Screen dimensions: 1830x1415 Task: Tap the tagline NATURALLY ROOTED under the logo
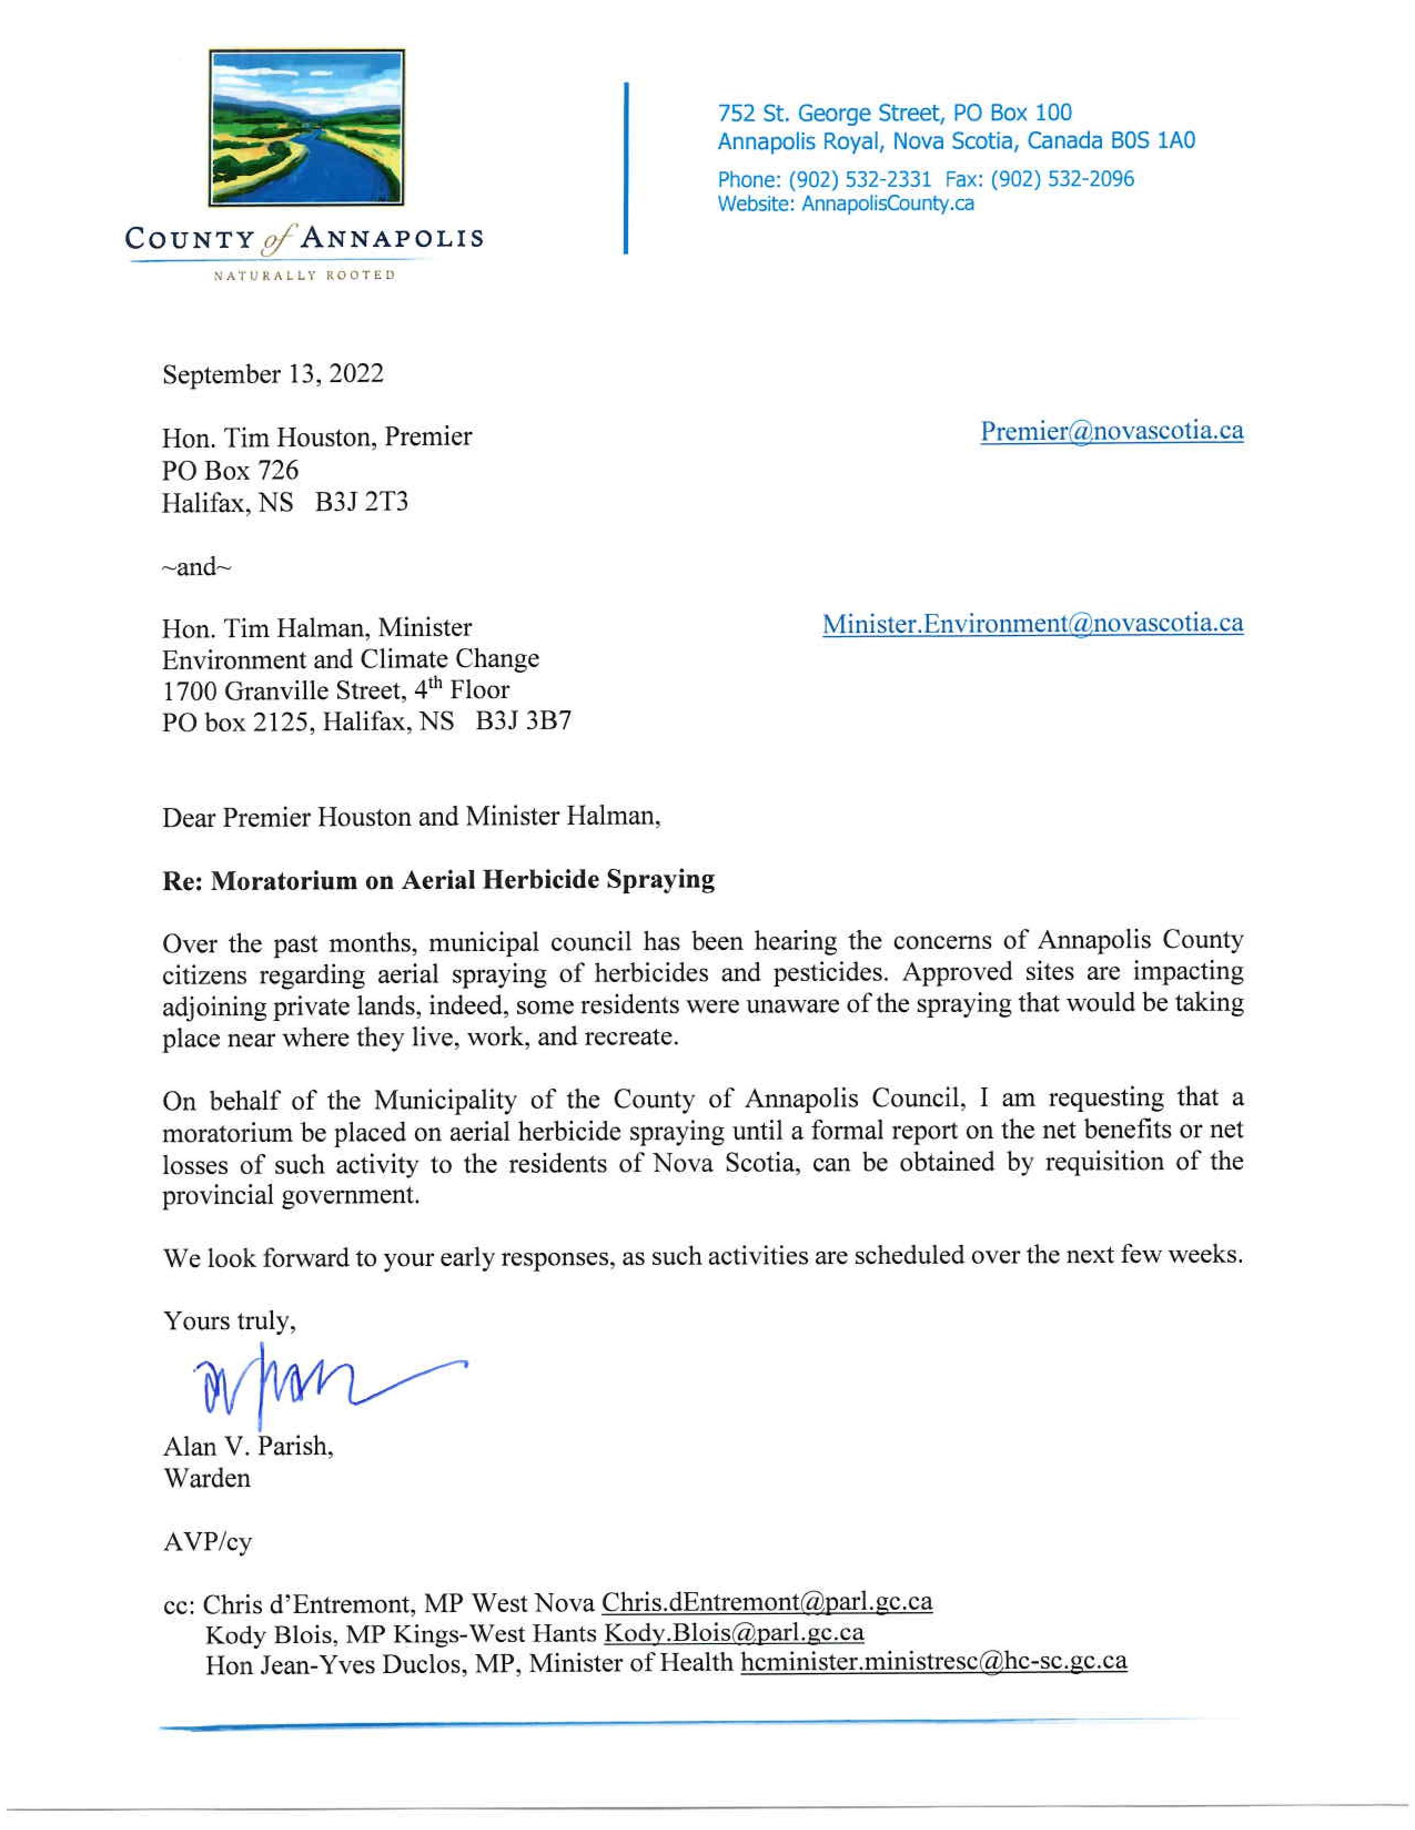[x=304, y=276]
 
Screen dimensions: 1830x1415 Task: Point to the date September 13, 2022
[x=273, y=374]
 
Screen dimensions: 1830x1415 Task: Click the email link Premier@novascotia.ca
[x=1111, y=431]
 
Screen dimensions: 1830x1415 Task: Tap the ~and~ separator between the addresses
[x=196, y=567]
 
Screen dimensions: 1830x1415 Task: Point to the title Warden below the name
[x=207, y=1478]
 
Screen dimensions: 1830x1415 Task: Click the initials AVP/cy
[x=207, y=1542]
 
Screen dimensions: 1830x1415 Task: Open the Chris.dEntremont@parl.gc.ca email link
[x=766, y=1603]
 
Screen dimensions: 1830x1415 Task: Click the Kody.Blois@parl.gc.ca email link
[x=734, y=1633]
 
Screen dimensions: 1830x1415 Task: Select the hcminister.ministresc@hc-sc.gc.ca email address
[x=933, y=1663]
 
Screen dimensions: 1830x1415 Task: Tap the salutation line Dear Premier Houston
[x=411, y=817]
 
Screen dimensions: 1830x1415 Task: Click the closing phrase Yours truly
[x=229, y=1321]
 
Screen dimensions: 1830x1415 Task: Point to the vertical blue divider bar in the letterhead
[x=626, y=167]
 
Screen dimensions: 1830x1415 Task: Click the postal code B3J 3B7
[x=523, y=721]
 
